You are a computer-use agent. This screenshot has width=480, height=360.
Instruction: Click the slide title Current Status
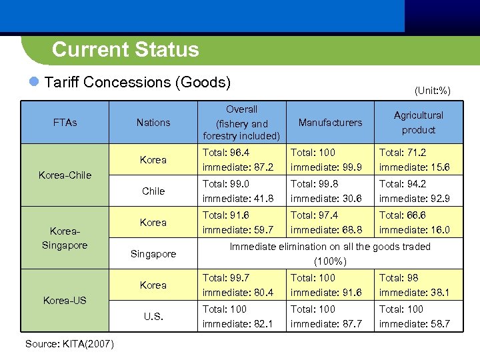[125, 50]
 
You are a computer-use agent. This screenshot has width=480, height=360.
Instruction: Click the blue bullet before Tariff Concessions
[35, 83]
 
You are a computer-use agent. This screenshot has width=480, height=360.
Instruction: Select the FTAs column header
[65, 122]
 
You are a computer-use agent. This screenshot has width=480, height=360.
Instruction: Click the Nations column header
[153, 122]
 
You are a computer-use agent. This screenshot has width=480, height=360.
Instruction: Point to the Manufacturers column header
[330, 122]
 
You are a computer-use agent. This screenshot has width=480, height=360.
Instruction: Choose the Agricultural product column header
[419, 122]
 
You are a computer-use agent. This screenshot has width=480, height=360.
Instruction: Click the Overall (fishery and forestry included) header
[242, 122]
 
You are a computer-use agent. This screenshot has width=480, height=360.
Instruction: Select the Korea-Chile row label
[65, 175]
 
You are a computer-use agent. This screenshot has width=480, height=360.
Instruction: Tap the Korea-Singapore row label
[65, 238]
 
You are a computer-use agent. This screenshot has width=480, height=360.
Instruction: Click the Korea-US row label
[65, 300]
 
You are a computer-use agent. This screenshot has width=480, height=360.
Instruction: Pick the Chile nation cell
[153, 191]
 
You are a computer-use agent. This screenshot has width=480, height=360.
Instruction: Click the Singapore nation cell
[153, 254]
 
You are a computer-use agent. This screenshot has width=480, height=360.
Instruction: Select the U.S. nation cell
[153, 316]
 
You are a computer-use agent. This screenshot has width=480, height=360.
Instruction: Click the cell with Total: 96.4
[242, 160]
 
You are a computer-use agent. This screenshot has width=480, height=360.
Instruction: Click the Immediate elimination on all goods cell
[330, 254]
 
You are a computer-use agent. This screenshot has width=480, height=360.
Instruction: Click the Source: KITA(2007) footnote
[69, 344]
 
